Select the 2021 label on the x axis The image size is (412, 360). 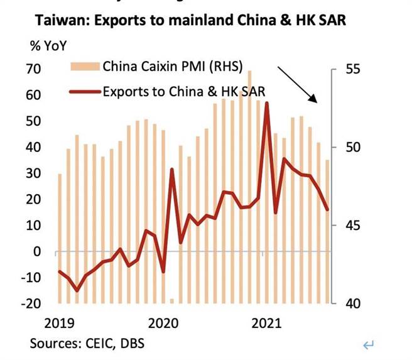pos(266,324)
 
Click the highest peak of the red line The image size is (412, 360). pos(267,103)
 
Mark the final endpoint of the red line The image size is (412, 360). pos(327,210)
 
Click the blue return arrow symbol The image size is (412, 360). pos(369,344)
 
